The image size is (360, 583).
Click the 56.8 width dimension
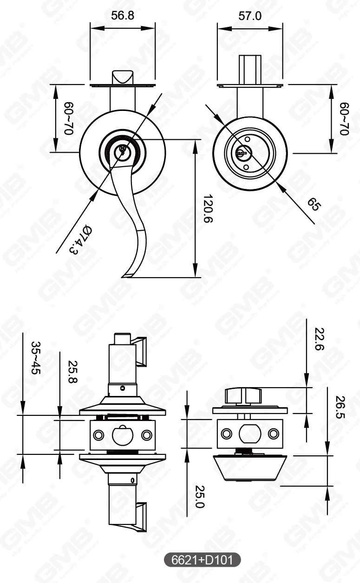pyautogui.click(x=123, y=16)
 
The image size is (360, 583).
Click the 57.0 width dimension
pyautogui.click(x=250, y=16)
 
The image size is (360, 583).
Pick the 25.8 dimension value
pyautogui.click(x=73, y=372)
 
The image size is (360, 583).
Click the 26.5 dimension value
pyautogui.click(x=340, y=407)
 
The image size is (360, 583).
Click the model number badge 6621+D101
pyautogui.click(x=203, y=560)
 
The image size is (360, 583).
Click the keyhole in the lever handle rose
pyautogui.click(x=122, y=149)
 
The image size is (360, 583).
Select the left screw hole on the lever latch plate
pyautogui.click(x=98, y=435)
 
